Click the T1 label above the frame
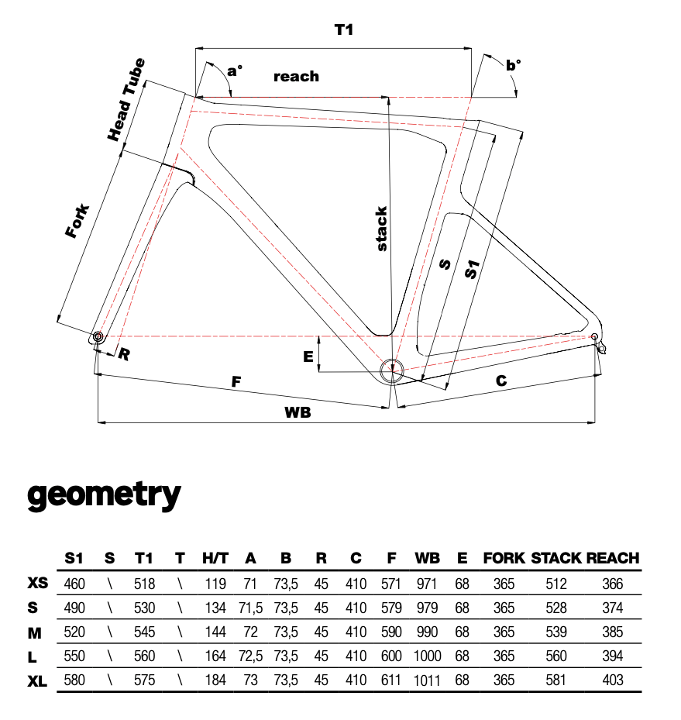[x=343, y=29]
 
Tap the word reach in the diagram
[x=296, y=76]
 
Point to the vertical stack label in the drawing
[x=381, y=229]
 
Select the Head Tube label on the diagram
[x=126, y=100]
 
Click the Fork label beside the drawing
[x=77, y=221]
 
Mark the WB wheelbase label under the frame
[x=298, y=412]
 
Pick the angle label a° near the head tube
[x=234, y=71]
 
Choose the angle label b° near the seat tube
[x=513, y=66]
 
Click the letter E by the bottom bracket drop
[x=308, y=357]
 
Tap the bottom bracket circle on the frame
[x=391, y=370]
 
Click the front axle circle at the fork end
[x=98, y=336]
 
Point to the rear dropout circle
[x=594, y=336]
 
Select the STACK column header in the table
[x=556, y=558]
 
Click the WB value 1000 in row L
[x=427, y=656]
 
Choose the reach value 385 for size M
[x=613, y=632]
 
